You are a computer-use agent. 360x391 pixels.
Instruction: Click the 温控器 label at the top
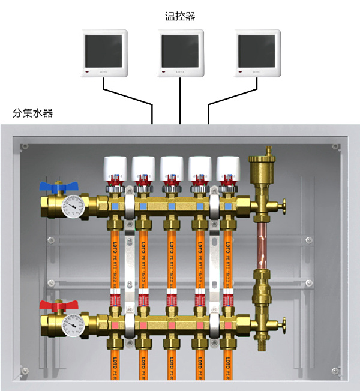click(x=180, y=16)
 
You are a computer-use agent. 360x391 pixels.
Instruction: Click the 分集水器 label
click(x=32, y=112)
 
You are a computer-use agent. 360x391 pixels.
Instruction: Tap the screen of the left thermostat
click(x=105, y=51)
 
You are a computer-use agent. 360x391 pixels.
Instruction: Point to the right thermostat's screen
click(x=256, y=51)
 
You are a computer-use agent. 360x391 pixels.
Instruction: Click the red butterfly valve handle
click(x=55, y=308)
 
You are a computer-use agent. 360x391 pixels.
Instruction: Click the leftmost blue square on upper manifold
click(x=114, y=206)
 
